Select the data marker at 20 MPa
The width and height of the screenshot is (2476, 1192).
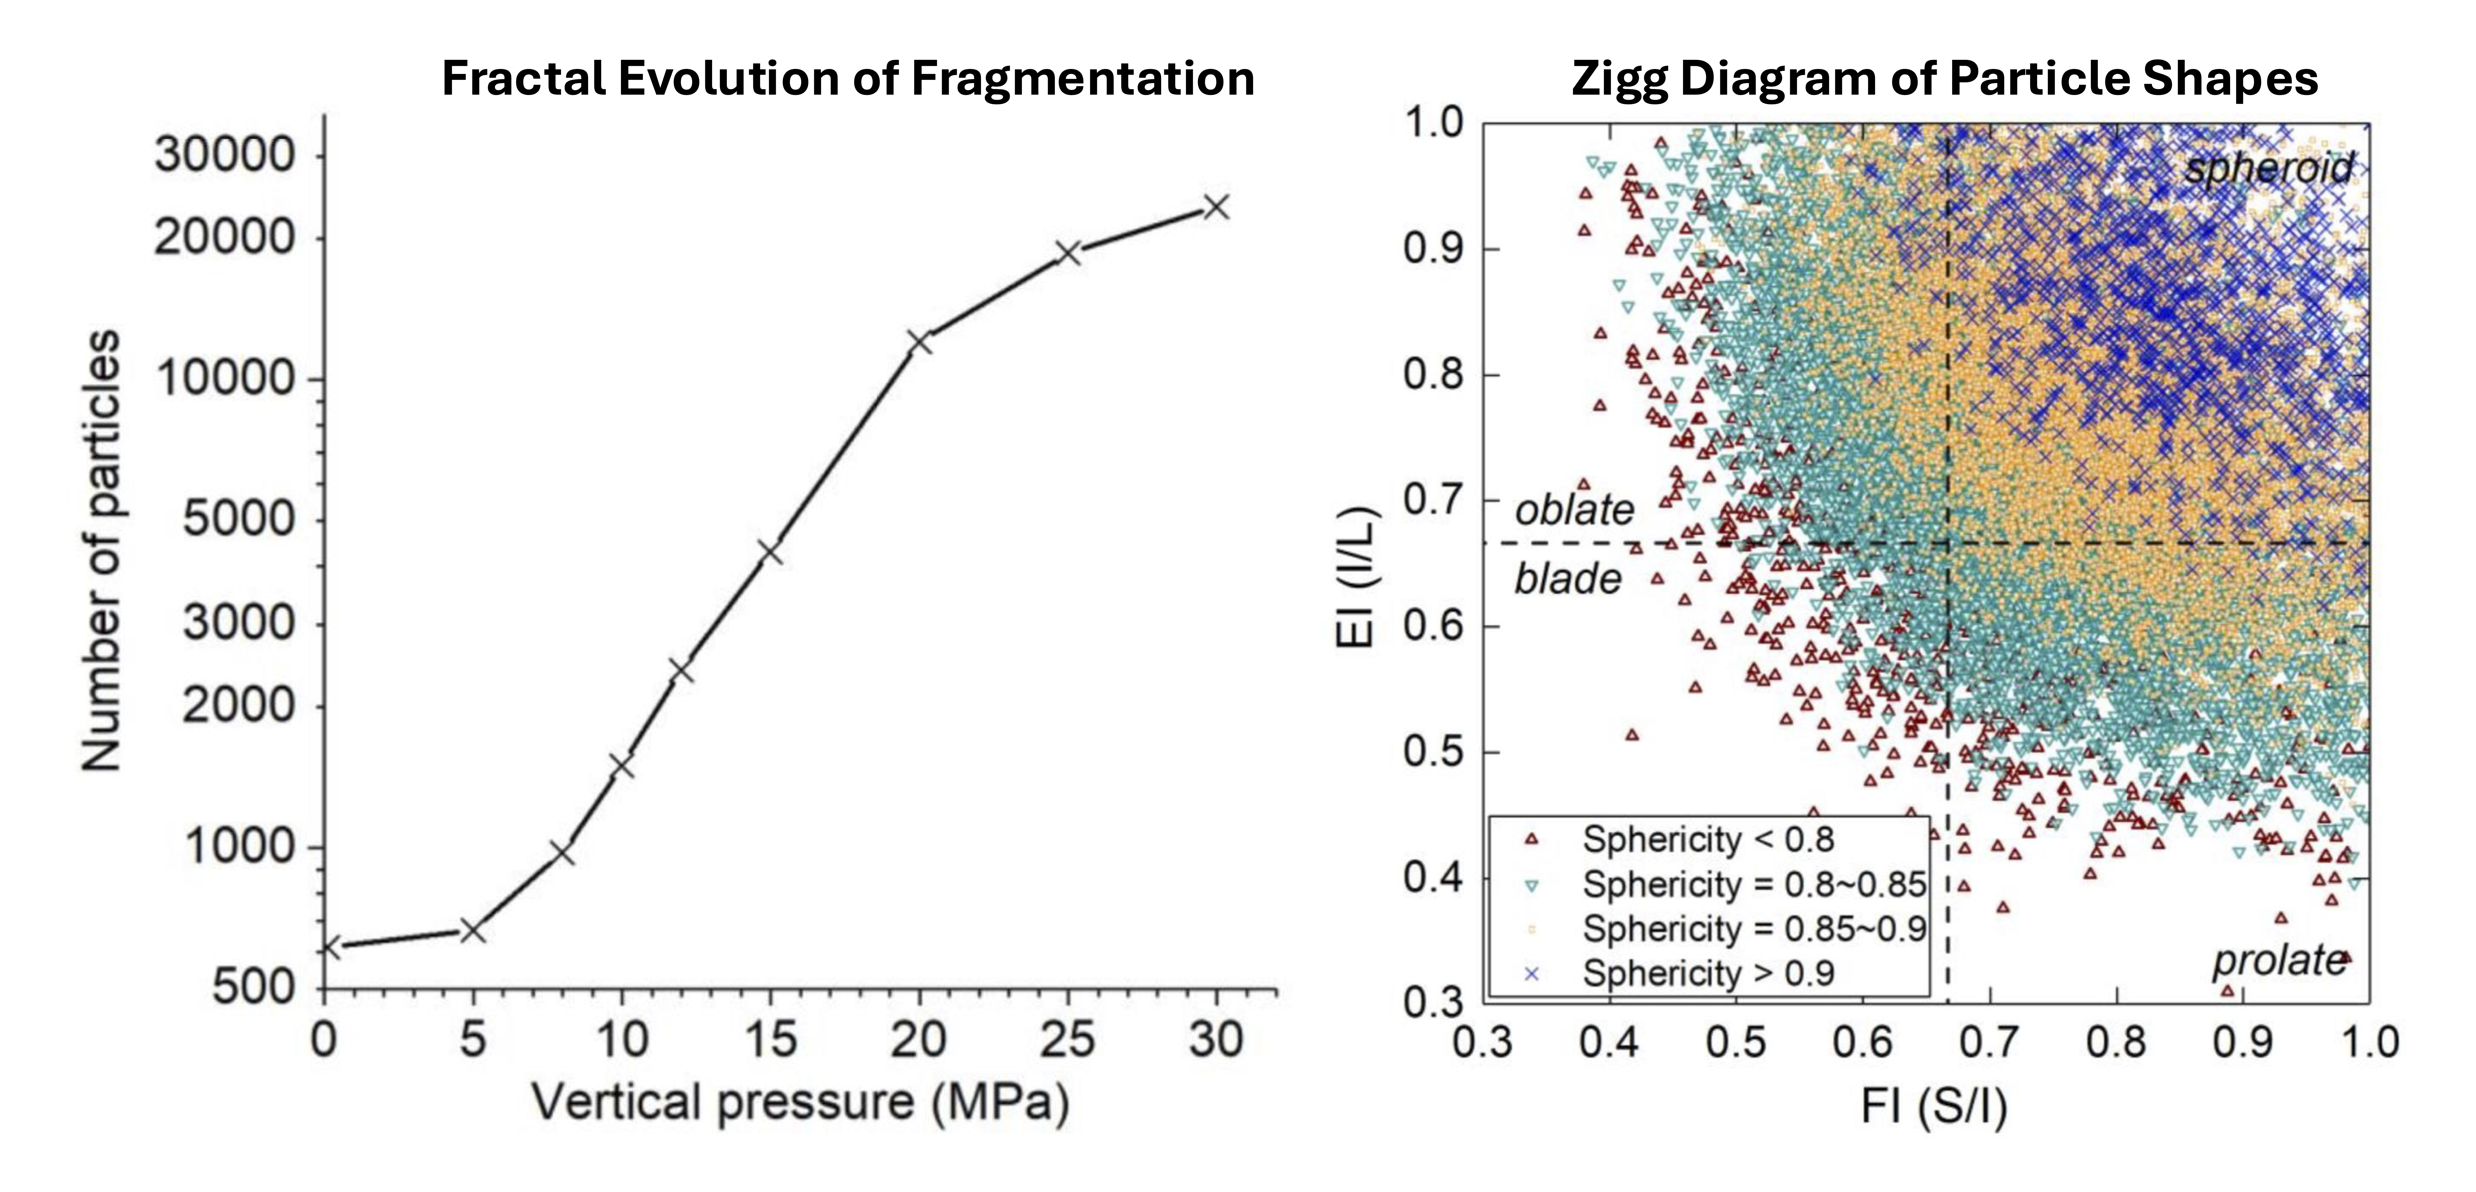(920, 342)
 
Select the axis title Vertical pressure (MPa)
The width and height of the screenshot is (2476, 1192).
(801, 1103)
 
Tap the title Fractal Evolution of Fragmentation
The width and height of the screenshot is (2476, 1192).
(848, 78)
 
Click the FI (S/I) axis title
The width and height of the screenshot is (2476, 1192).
(1934, 1106)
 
